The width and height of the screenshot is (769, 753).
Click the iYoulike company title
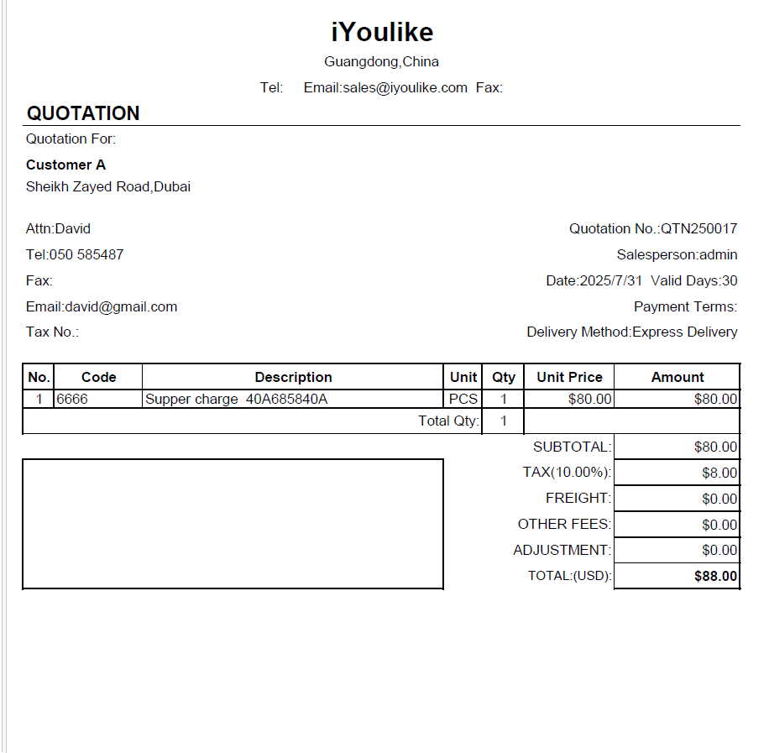pyautogui.click(x=382, y=32)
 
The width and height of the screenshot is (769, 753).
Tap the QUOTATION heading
pyautogui.click(x=83, y=113)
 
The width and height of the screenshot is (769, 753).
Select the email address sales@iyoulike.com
pyautogui.click(x=405, y=87)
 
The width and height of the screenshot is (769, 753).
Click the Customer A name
pyautogui.click(x=65, y=165)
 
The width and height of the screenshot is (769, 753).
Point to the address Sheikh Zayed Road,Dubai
pyautogui.click(x=108, y=186)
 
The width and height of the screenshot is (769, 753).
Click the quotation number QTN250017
pyautogui.click(x=698, y=228)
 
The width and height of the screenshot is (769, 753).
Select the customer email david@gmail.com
pyautogui.click(x=121, y=306)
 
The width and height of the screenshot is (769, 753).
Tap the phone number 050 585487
pyautogui.click(x=86, y=254)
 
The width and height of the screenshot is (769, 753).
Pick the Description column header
pyautogui.click(x=293, y=377)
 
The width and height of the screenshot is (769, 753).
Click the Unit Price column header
pyautogui.click(x=569, y=377)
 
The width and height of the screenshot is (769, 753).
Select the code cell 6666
pyautogui.click(x=72, y=399)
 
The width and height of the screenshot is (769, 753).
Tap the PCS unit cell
pyautogui.click(x=463, y=399)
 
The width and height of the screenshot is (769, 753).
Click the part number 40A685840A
pyautogui.click(x=286, y=399)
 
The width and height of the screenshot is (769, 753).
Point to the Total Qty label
pyautogui.click(x=448, y=421)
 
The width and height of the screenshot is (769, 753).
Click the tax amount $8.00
pyautogui.click(x=719, y=473)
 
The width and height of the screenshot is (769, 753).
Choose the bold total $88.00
pyautogui.click(x=715, y=576)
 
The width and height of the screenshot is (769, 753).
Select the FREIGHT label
pyautogui.click(x=578, y=498)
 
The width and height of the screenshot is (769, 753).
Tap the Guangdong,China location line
pyautogui.click(x=381, y=61)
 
